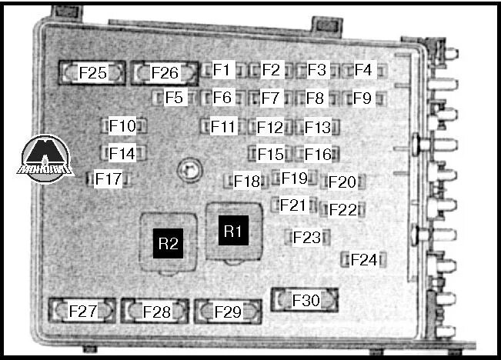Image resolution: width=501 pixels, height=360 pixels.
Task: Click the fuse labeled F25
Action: tap(92, 73)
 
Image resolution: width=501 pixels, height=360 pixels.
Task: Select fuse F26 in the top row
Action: tap(163, 73)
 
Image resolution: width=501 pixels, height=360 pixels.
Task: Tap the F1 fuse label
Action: tap(222, 70)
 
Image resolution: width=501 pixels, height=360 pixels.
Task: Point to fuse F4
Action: tap(363, 70)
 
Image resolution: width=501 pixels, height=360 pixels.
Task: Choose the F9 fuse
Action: tap(362, 98)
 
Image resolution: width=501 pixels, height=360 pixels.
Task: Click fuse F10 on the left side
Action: tap(122, 125)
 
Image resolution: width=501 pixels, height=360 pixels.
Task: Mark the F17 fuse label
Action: tap(109, 179)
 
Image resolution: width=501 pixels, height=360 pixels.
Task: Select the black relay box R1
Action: tap(232, 230)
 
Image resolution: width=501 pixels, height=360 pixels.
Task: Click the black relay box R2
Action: tap(168, 245)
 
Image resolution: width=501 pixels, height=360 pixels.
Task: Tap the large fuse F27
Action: tap(83, 312)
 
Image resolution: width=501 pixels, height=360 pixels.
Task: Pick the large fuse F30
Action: tap(306, 300)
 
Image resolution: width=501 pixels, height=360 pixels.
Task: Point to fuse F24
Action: tap(363, 259)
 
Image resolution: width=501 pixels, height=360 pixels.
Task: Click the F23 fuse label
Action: tap(306, 238)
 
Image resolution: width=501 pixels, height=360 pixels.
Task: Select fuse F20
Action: tap(342, 182)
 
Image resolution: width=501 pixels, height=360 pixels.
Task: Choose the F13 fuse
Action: tap(316, 127)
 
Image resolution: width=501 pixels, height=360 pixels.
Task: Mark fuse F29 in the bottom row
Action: tap(228, 312)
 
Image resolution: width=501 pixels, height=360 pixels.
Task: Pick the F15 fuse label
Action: tap(270, 154)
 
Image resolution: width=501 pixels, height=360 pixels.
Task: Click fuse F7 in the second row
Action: tap(269, 98)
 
